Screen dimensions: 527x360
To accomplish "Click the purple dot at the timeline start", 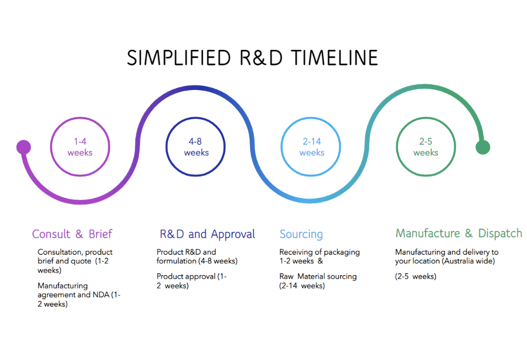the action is [24, 147].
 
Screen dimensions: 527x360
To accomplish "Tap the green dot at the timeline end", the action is [483, 147].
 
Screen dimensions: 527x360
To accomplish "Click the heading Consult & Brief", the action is [72, 233].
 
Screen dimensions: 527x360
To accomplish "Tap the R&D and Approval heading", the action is [207, 234].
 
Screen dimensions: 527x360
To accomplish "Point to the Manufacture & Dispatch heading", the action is [459, 233].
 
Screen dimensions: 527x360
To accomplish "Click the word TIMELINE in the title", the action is [335, 58].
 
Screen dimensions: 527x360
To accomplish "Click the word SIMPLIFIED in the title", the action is [179, 58].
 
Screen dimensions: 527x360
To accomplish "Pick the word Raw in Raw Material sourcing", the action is [286, 276].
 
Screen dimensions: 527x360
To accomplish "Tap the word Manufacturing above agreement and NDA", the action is [62, 285].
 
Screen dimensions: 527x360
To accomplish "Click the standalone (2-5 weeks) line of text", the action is [416, 276].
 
